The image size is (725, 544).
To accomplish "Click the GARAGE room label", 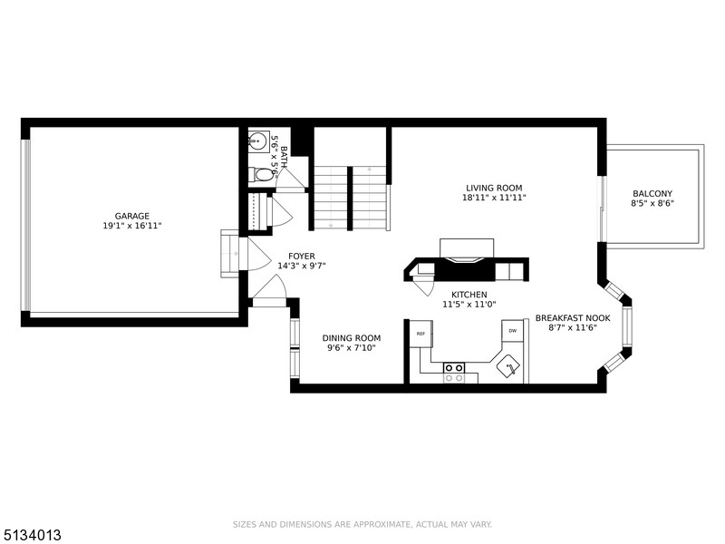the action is pyautogui.click(x=132, y=216).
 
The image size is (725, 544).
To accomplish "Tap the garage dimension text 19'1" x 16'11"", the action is pyautogui.click(x=132, y=226).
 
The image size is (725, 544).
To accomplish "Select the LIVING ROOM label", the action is pyautogui.click(x=494, y=188).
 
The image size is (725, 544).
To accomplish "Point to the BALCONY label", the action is pyautogui.click(x=652, y=193).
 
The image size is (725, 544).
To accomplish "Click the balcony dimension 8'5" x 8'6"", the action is pyautogui.click(x=652, y=203).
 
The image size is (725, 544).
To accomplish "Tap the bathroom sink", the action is pyautogui.click(x=258, y=140).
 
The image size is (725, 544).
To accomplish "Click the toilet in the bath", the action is pyautogui.click(x=261, y=176).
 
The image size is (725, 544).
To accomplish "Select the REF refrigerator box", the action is pyautogui.click(x=420, y=333).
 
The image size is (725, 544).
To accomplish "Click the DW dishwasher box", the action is pyautogui.click(x=512, y=331).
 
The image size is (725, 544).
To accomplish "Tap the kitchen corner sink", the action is pyautogui.click(x=509, y=366).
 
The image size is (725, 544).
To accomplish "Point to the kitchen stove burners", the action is pyautogui.click(x=454, y=373).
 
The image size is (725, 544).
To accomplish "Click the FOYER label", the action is pyautogui.click(x=302, y=257).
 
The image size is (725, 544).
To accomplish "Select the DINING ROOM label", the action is pyautogui.click(x=352, y=338).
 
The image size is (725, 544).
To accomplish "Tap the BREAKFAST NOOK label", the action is pyautogui.click(x=573, y=318).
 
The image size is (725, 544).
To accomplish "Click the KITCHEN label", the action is pyautogui.click(x=469, y=295).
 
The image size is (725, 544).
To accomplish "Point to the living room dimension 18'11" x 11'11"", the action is pyautogui.click(x=494, y=198).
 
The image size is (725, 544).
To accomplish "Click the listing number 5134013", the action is pyautogui.click(x=31, y=535).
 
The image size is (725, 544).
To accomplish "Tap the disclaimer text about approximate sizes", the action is pyautogui.click(x=362, y=525).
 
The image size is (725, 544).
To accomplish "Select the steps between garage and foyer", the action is pyautogui.click(x=230, y=254).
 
